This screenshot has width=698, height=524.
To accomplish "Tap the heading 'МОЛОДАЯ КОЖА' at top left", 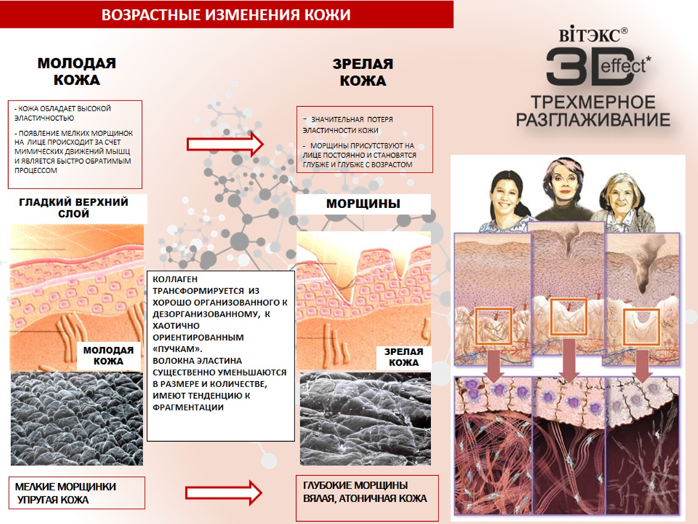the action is pos(77,71).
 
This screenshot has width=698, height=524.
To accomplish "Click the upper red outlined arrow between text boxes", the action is pos(224,143).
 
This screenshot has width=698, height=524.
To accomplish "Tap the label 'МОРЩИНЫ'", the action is pos(363,204).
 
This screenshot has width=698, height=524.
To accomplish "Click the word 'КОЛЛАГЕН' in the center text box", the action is pos(174,279).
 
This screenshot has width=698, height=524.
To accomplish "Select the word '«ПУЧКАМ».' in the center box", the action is pos(177,349).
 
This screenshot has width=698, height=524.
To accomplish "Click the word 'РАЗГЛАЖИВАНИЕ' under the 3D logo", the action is pos(593,119).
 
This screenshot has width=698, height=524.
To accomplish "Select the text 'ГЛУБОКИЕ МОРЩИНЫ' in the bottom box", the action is pos(355,485).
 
